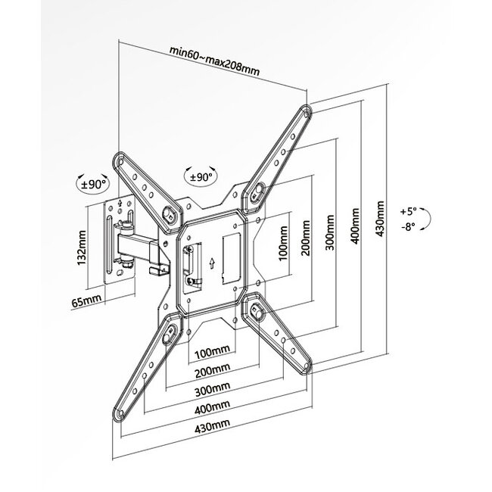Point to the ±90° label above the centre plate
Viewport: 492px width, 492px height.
(200, 176)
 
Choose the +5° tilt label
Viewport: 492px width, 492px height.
(409, 211)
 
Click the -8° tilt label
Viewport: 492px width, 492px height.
(409, 228)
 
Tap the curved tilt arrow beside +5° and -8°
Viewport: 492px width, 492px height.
(427, 220)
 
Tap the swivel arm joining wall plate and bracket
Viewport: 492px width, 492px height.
(144, 247)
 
